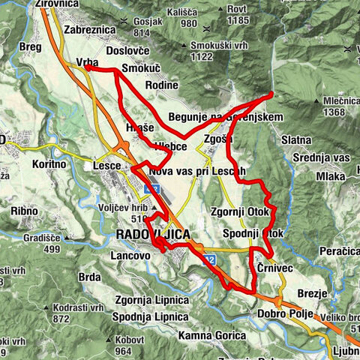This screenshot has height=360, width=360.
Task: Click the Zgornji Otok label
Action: (240, 212)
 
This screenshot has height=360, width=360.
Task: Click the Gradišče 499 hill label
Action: (41, 244)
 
